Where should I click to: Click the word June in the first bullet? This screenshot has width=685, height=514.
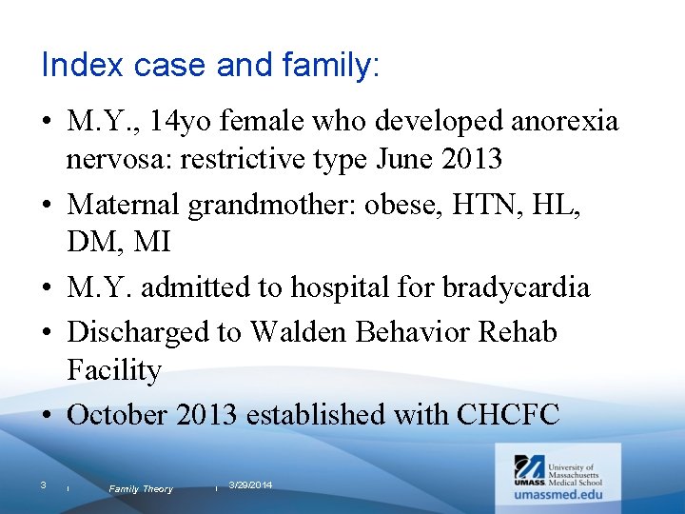[x=407, y=159]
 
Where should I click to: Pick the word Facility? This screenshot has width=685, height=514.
[x=114, y=369]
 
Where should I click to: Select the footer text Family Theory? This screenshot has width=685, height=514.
[x=141, y=488]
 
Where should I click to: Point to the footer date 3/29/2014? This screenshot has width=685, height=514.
[x=250, y=485]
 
